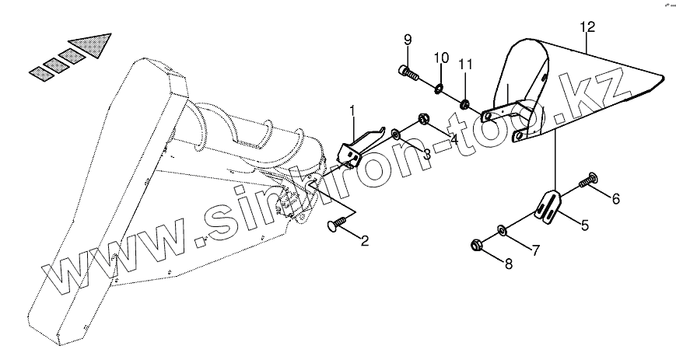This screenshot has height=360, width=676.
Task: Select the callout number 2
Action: coord(363,241)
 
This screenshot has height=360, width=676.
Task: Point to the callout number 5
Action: coord(585,226)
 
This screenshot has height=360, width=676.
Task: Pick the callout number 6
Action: coord(615,199)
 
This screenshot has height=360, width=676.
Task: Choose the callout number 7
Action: coord(535,250)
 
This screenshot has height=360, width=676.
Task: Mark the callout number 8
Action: coord(509,265)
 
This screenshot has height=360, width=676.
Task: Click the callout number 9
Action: coord(407,40)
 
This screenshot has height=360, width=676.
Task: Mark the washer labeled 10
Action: coord(440,88)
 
